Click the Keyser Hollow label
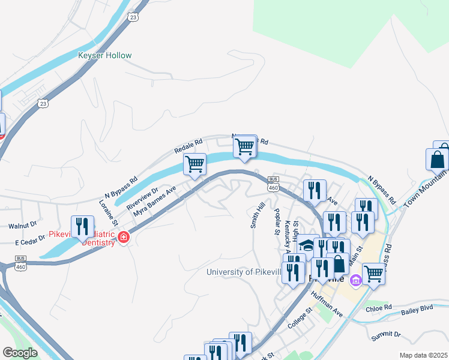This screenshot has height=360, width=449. click(104, 56)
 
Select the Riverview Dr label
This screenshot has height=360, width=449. click(142, 199)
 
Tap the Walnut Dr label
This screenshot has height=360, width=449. click(23, 226)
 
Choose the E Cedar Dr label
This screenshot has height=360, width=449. click(30, 239)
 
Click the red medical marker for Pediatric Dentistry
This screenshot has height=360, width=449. click(124, 238)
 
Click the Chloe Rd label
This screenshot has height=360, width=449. click(378, 308)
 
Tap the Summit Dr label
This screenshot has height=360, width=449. click(385, 334)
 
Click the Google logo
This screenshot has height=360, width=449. click(20, 353)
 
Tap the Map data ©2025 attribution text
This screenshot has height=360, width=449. click(423, 355)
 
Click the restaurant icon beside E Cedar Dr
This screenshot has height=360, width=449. click(83, 227)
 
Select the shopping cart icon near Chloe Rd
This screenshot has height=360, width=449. click(373, 274)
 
